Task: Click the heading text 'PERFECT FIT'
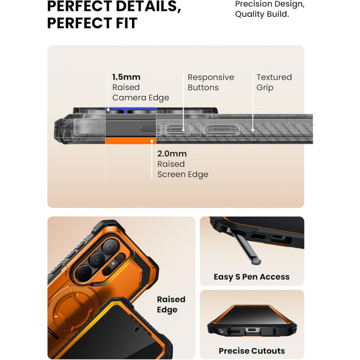92,23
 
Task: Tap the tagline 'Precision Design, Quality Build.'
269,8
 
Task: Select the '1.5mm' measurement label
126,77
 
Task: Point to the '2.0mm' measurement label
171,154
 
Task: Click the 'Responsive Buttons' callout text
211,82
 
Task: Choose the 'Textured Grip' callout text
274,82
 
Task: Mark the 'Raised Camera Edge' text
140,92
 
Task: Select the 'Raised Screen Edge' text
182,169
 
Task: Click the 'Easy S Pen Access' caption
251,277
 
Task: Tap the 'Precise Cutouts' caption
251,350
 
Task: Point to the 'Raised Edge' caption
171,304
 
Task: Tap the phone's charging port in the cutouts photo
251,331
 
